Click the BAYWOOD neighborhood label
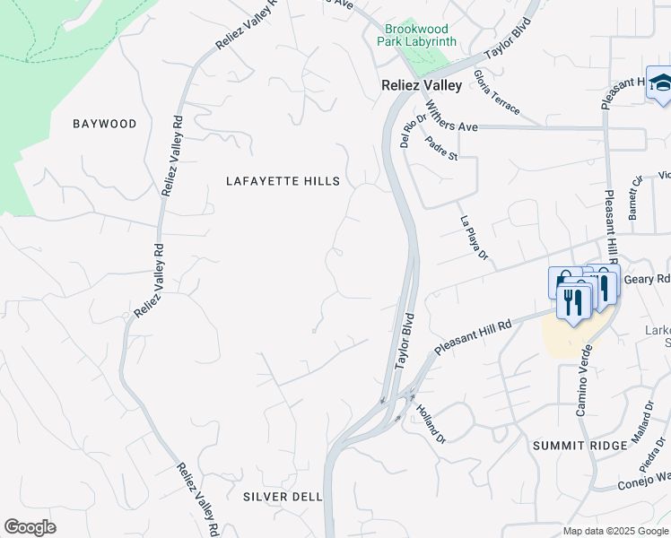click(105, 124)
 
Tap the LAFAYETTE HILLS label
click(283, 181)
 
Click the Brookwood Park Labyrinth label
click(422, 36)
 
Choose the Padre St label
click(441, 148)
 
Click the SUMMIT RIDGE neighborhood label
click(571, 446)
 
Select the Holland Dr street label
click(431, 422)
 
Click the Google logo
click(30, 527)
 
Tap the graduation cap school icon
click(661, 84)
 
